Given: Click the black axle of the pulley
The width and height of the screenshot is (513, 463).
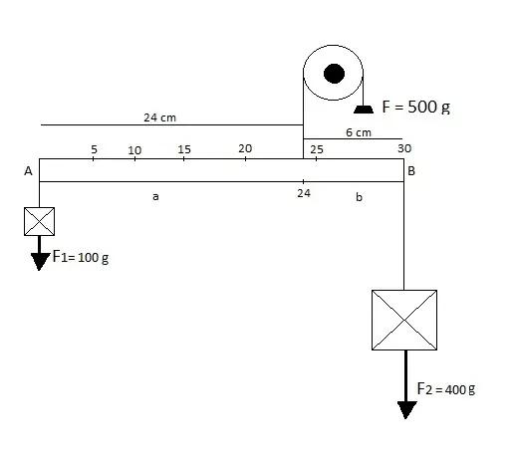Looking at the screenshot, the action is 334,74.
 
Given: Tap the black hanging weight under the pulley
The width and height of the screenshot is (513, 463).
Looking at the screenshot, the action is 364,110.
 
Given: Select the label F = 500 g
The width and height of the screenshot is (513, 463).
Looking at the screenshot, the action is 416,107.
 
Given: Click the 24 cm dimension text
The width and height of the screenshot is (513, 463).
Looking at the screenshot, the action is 159,117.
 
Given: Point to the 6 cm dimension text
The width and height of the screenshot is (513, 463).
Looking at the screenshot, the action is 359,132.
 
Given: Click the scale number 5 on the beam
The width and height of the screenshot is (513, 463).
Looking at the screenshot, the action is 94,149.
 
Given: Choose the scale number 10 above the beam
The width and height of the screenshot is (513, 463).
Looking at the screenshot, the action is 134,150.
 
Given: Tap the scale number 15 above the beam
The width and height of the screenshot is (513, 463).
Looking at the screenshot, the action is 184,149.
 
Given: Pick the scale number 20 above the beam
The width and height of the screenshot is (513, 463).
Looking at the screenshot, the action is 245,148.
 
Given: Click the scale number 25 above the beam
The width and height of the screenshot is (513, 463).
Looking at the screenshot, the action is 317,149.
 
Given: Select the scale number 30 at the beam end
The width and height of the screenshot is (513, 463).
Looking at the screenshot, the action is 404,148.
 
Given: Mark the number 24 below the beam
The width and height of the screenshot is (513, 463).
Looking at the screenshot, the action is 304,193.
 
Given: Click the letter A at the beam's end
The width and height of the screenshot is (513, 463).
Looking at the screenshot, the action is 28,171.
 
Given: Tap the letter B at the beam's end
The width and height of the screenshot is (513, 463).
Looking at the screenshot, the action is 411,171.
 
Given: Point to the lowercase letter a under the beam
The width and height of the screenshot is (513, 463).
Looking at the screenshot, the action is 155,196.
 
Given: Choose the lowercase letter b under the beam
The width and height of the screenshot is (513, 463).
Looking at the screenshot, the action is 359,197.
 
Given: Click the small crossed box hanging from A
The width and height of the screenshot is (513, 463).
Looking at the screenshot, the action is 39,221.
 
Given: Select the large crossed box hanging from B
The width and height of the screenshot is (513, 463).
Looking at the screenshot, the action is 404,320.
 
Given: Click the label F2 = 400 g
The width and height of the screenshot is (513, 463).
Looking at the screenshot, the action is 446,389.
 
